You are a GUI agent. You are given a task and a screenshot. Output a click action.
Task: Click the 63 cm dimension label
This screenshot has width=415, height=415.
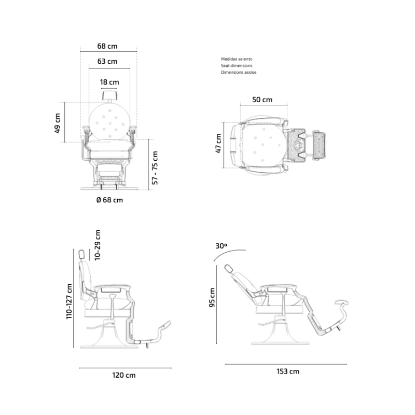[x=107, y=61]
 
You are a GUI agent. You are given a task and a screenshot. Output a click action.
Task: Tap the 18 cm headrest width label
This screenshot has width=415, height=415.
[x=109, y=82]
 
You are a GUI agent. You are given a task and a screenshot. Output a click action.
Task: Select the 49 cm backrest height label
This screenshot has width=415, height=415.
[x=58, y=123]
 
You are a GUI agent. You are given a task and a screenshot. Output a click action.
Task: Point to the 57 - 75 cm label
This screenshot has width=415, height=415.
[x=155, y=168]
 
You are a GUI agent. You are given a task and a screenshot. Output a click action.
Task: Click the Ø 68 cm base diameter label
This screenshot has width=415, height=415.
[x=109, y=200]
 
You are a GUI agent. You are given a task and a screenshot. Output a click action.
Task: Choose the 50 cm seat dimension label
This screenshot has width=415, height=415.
[x=262, y=100]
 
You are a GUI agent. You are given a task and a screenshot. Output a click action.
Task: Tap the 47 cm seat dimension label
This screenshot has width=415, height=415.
[x=218, y=143]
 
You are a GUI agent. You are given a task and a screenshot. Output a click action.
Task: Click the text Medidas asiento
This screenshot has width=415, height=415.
[x=237, y=59]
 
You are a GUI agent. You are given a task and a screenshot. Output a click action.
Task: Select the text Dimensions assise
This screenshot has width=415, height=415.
[x=239, y=72]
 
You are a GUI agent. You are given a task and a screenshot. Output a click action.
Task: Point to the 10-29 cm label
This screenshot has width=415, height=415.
[x=98, y=245]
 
